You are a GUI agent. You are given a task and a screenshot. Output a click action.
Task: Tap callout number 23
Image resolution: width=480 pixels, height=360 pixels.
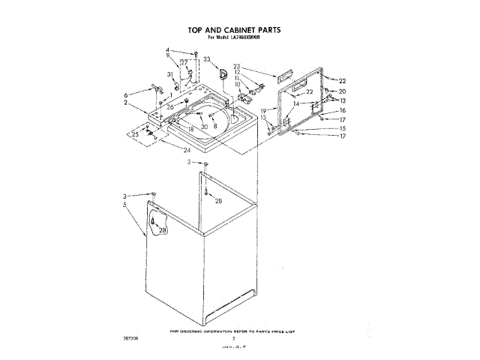236,65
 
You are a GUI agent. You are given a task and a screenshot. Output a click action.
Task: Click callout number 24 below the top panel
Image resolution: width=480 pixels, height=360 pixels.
186,150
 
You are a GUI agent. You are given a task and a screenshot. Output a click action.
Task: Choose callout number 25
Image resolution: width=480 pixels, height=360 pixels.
135,134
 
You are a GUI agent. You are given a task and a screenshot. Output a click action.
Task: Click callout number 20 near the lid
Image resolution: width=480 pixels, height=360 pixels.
342,91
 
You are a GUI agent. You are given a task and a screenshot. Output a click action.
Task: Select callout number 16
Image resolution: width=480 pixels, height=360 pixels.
342,109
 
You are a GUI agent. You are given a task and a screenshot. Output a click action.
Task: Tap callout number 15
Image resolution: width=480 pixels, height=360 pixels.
342,127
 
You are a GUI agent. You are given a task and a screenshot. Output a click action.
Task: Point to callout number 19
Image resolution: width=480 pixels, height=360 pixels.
264,110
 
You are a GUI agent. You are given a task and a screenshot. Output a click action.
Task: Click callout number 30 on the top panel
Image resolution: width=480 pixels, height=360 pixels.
203,127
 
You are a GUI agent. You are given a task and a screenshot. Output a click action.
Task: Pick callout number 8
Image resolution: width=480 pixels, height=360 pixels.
215,127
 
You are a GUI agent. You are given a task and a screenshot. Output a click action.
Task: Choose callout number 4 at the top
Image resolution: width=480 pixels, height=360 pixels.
168,49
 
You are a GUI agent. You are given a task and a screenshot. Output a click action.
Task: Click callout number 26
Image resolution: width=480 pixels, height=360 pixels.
171,107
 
